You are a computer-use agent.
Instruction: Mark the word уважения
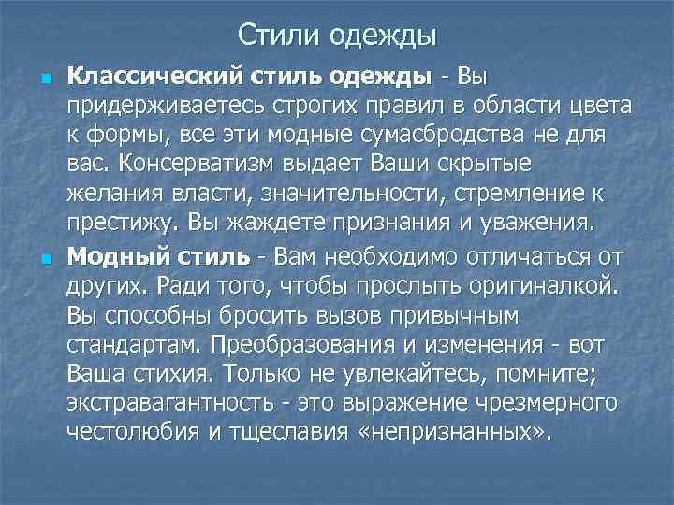coord(531,224)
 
